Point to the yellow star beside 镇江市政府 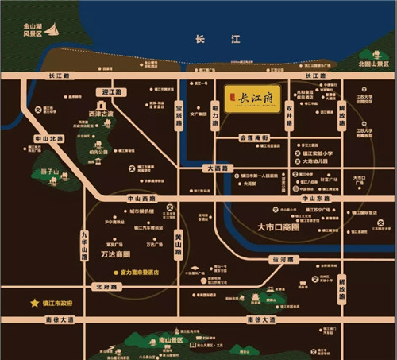click(34, 303)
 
